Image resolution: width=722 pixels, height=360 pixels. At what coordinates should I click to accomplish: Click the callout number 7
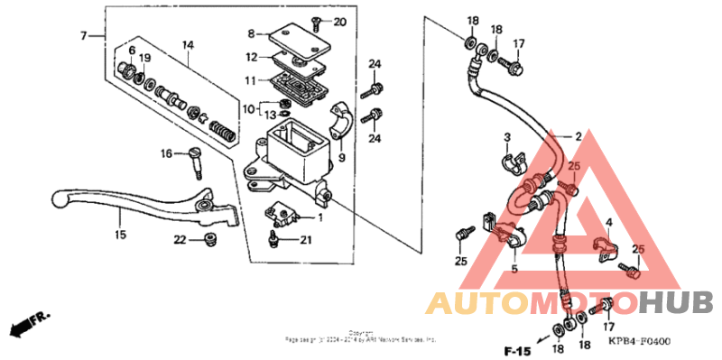click(x=83, y=36)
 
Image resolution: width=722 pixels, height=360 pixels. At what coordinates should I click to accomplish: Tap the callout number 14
click(x=188, y=45)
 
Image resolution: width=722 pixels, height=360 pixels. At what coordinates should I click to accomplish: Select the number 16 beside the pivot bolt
click(x=167, y=154)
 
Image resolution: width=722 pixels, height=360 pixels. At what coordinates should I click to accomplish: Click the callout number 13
click(x=270, y=115)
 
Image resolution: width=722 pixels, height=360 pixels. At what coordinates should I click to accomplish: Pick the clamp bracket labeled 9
click(x=340, y=125)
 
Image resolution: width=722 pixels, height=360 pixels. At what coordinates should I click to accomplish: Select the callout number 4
click(x=609, y=221)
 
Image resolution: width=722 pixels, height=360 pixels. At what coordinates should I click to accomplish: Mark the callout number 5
click(x=514, y=268)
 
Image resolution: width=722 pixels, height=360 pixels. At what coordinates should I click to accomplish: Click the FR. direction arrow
click(x=27, y=322)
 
